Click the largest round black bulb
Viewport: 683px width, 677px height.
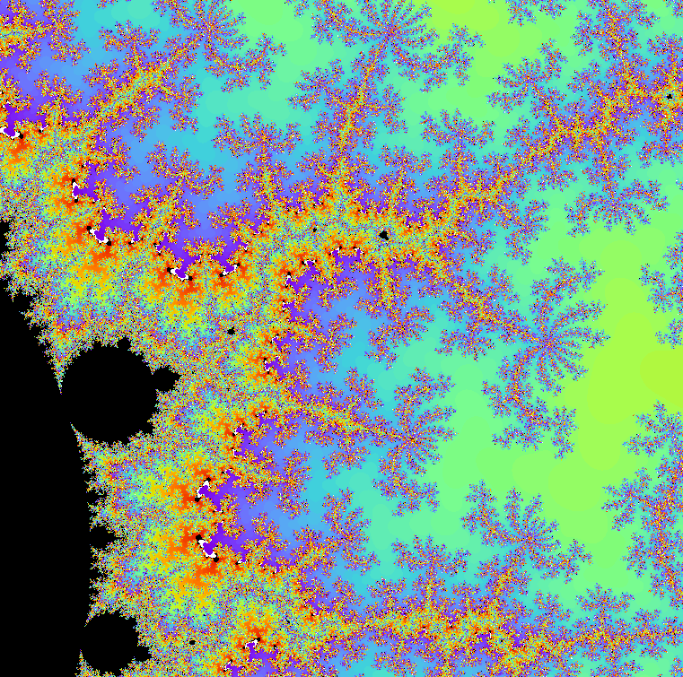pos(112,390)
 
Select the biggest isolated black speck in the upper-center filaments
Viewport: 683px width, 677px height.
pos(383,235)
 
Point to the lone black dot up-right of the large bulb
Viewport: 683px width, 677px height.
pos(231,331)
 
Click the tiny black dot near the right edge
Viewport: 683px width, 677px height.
pos(669,95)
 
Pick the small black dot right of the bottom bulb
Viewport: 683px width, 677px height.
pos(191,642)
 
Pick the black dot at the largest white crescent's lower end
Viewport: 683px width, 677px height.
pos(215,556)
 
